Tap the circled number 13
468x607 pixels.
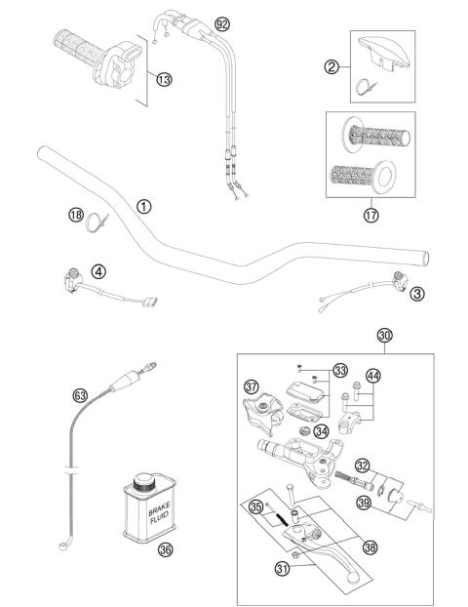coord(162,78)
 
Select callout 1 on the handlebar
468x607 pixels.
coord(143,206)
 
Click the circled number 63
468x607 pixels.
coord(81,395)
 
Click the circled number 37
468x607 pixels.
coord(253,387)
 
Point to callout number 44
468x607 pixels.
coord(373,376)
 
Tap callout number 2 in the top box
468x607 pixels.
coord(332,67)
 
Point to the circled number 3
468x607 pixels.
coord(416,294)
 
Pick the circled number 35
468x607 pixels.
coord(255,507)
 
